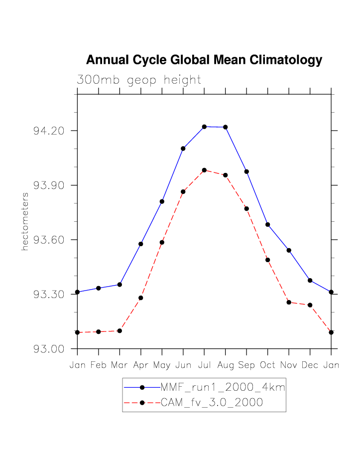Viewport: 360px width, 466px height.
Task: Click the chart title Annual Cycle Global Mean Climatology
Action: pos(204,60)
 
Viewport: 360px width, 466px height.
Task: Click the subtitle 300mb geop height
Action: pos(139,80)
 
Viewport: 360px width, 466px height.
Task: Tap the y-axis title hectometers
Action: pos(25,221)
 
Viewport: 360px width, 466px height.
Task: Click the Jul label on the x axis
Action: pos(204,365)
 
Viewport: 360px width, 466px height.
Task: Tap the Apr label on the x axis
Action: pos(141,365)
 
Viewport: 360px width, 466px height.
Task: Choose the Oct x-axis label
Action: pos(268,365)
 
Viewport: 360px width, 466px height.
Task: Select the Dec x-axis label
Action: pos(310,365)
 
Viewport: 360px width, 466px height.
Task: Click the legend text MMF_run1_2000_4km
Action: pos(223,387)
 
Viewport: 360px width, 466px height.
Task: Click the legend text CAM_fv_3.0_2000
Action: pos(212,403)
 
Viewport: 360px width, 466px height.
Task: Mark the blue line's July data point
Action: pos(204,127)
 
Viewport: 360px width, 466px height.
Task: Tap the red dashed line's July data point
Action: pos(204,170)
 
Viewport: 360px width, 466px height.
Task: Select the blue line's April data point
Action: pos(141,244)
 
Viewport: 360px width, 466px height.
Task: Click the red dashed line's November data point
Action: pos(289,302)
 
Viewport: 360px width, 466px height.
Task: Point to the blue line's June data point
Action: pos(183,149)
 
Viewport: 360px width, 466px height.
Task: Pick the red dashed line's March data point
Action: pos(120,331)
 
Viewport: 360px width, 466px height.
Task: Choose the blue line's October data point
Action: pos(268,225)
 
